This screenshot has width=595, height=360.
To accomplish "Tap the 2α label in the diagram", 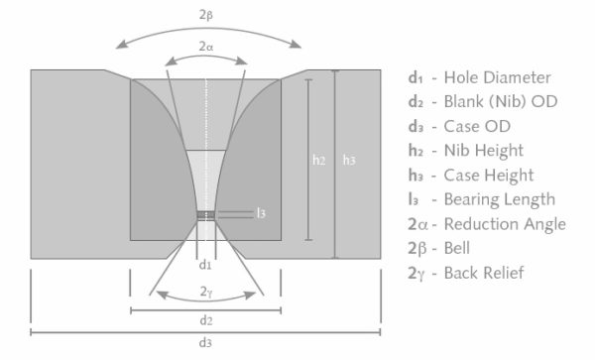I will pos(206,46).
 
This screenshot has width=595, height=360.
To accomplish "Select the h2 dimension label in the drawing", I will pos(317,159).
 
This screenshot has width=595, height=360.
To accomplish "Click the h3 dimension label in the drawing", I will pos(346,159).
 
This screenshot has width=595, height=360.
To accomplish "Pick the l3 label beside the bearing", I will pos(260,213).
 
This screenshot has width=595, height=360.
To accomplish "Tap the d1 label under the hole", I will pos(205,266).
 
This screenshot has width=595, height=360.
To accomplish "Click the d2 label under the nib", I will pos(205,320).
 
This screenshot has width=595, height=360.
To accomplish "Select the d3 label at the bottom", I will pos(205,343).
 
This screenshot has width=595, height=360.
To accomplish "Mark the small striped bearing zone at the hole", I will pos(205,213).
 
